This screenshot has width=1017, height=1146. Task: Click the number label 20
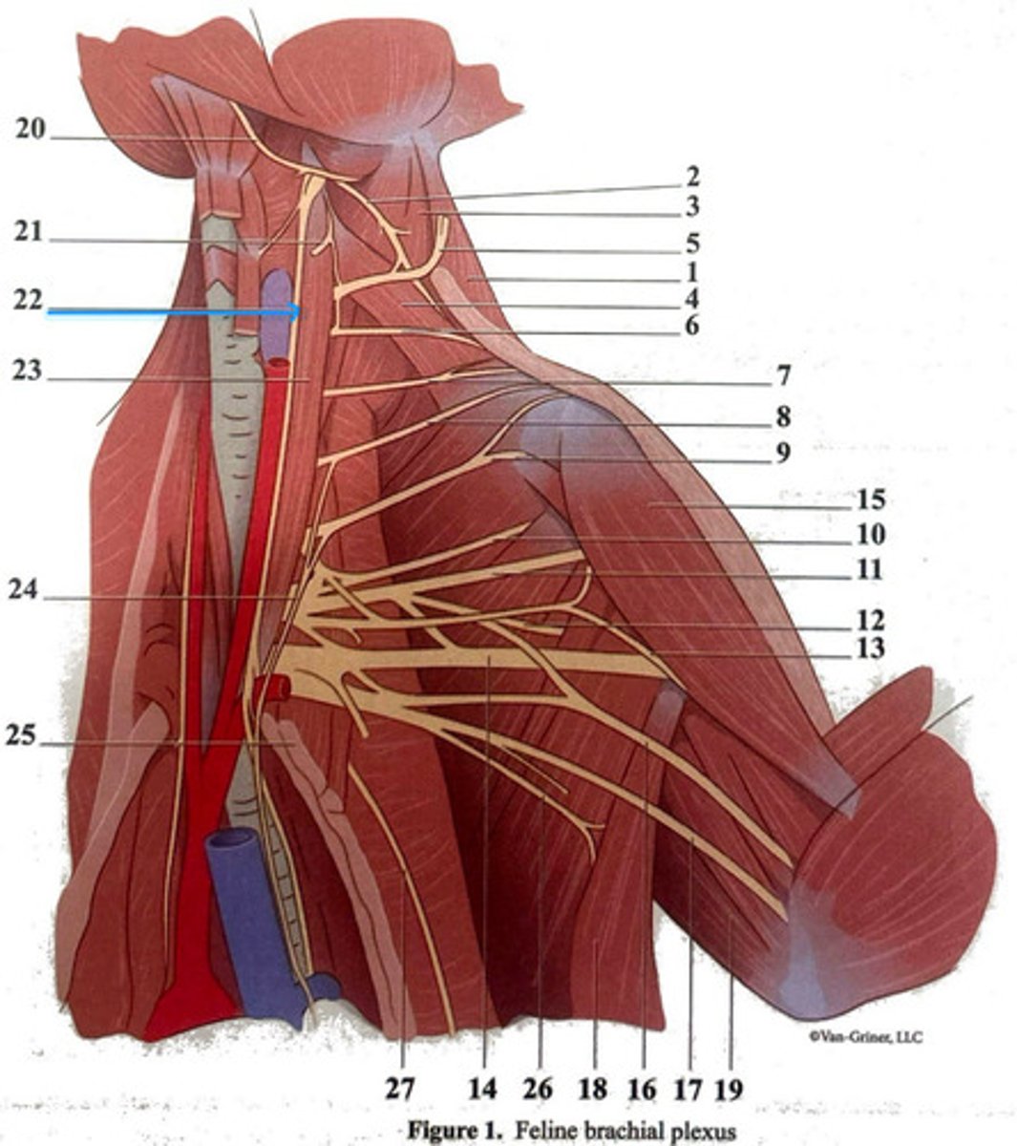pos(30,130)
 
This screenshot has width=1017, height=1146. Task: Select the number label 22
pos(28,299)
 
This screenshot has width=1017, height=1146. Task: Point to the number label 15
pos(870,499)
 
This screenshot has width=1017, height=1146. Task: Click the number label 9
pos(782,452)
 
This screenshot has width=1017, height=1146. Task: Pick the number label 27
pos(402,1088)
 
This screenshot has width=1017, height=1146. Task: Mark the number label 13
pos(870,649)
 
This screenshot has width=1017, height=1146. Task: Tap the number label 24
pos(24,591)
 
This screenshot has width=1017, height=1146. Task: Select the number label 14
pos(483,1088)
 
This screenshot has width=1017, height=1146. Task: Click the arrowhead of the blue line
pos(297,310)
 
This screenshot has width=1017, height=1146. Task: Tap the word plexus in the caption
pos(706,1132)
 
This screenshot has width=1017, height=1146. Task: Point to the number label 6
pos(690,326)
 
